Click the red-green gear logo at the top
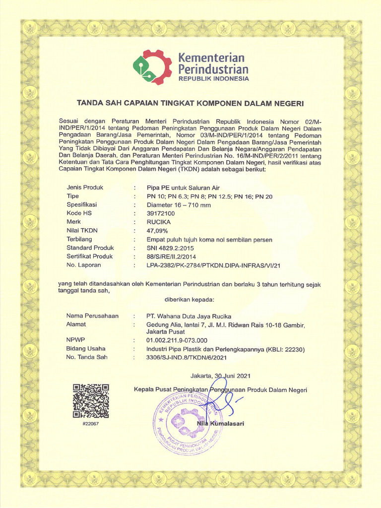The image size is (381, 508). click(x=152, y=66)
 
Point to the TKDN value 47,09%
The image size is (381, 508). click(x=157, y=231)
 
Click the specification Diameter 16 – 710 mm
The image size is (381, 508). click(x=179, y=205)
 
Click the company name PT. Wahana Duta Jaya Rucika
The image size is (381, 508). click(x=189, y=316)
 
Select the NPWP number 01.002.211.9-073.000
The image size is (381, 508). click(x=177, y=340)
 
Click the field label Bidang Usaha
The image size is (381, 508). click(x=86, y=349)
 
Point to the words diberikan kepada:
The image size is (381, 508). click(x=189, y=300)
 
